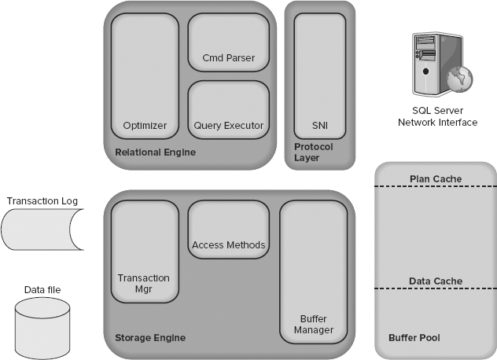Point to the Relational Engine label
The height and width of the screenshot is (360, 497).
tap(155, 153)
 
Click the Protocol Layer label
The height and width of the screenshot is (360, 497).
tap(311, 152)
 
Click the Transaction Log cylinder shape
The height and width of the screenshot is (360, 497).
tap(40, 230)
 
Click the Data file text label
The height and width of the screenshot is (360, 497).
tap(42, 290)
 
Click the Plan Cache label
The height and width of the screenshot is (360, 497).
tap(433, 178)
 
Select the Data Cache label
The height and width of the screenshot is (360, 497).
tap(433, 282)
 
